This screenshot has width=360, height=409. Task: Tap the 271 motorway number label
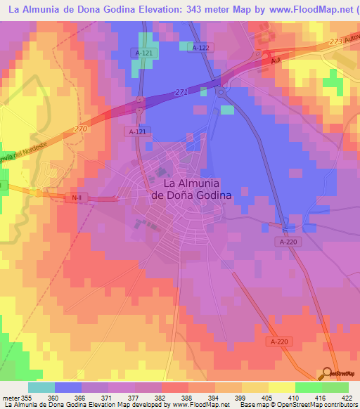pos(182,92)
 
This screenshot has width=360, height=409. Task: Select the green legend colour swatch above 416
pos(308,387)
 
